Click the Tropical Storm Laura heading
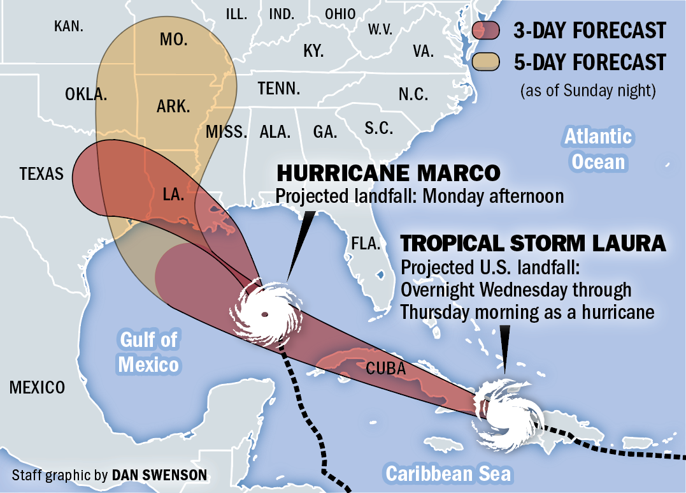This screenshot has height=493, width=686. (533, 243)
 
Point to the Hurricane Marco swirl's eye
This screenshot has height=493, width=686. (264, 314)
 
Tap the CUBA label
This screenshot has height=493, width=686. (385, 368)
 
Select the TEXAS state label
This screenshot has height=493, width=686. (41, 173)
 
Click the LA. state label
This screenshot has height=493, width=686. (173, 195)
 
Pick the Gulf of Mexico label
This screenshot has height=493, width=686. (148, 351)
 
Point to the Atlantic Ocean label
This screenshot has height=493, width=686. (598, 149)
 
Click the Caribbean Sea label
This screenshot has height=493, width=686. (448, 473)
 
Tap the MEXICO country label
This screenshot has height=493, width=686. (37, 387)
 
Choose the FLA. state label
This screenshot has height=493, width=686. (366, 244)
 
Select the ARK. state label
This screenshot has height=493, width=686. (173, 107)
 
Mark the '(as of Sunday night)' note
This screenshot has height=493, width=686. (588, 91)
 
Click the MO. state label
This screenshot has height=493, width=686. (173, 40)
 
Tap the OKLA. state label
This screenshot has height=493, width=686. (86, 94)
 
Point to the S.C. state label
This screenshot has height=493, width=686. (378, 128)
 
